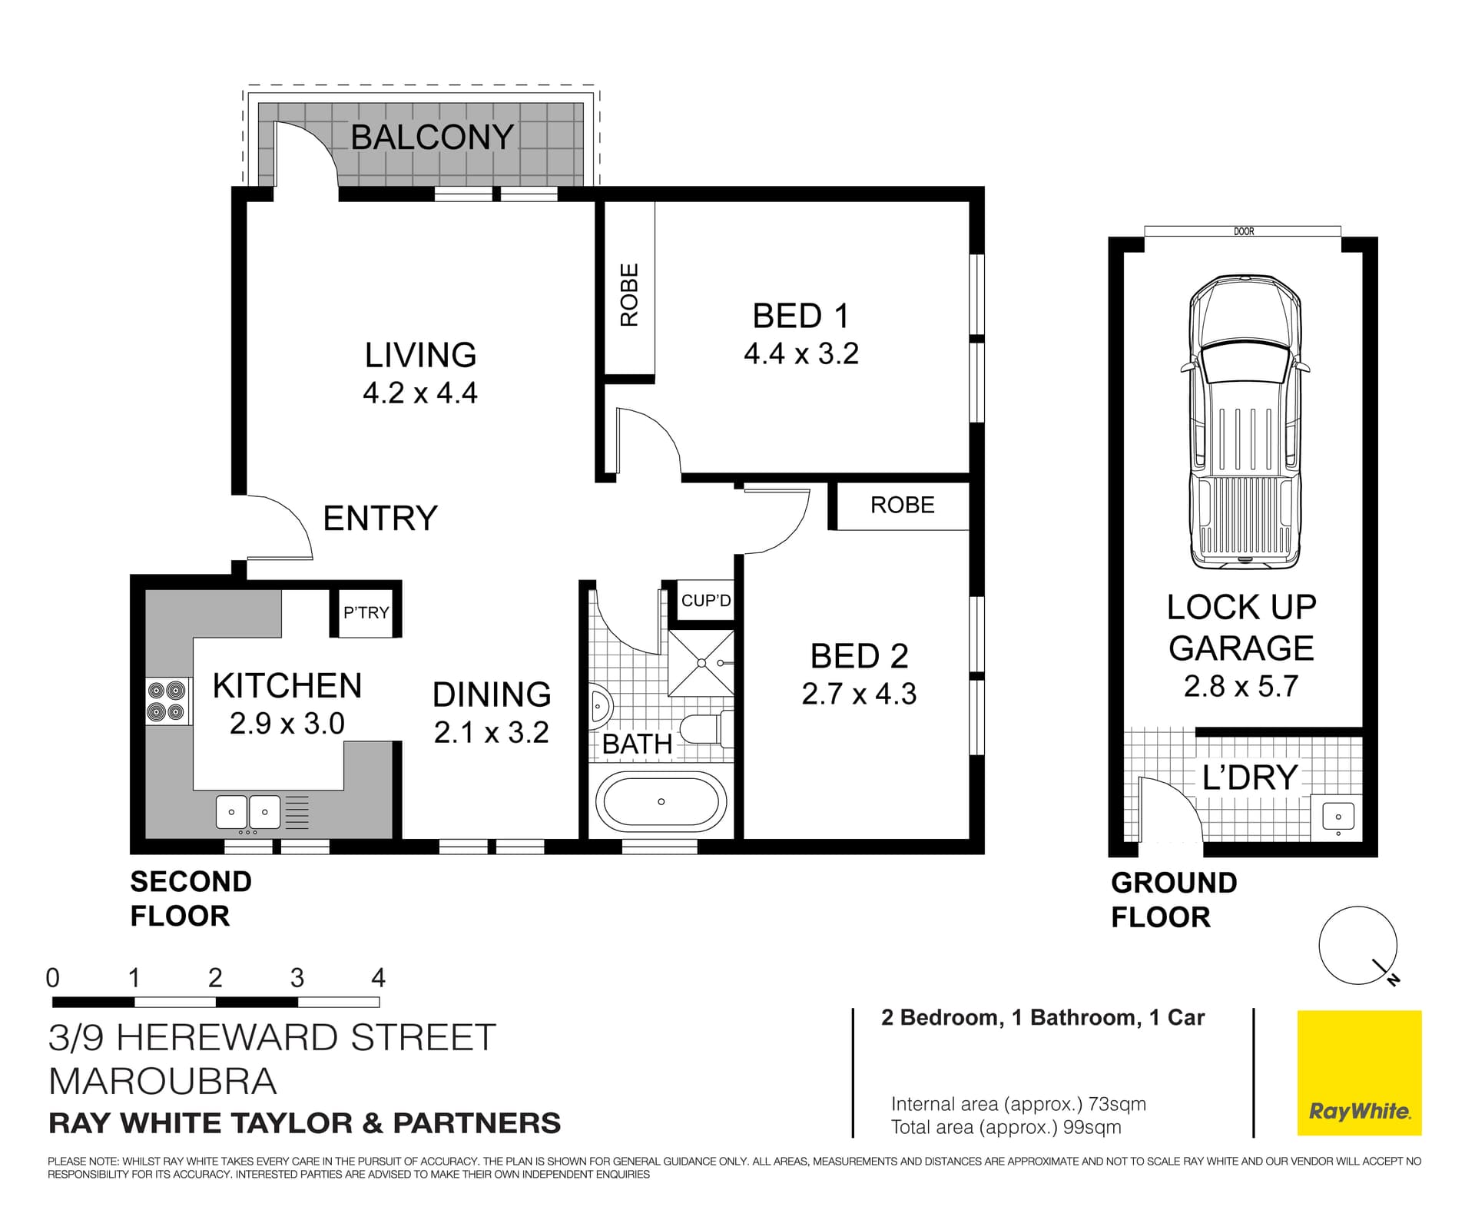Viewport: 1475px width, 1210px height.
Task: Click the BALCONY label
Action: [432, 138]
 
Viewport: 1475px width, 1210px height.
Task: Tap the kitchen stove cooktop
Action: [167, 701]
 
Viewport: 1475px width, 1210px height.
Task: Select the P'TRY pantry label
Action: [366, 613]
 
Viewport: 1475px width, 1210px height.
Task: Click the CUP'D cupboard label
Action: [706, 601]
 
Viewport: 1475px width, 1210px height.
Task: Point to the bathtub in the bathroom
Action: [661, 801]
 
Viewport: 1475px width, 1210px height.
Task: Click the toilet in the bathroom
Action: [705, 728]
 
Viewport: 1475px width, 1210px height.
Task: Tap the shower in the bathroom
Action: [701, 662]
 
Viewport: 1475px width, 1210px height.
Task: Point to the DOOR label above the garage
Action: [1243, 231]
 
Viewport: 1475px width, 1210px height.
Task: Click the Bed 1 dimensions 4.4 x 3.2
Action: [800, 354]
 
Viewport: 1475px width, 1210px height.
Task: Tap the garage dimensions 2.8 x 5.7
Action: [1241, 686]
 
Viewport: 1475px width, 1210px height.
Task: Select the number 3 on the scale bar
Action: [297, 978]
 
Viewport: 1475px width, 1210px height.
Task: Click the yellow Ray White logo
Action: [1359, 1072]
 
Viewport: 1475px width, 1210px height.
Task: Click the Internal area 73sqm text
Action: [1018, 1104]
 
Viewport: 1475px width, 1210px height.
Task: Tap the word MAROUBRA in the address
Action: [162, 1082]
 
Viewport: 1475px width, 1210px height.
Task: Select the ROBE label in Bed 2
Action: [902, 506]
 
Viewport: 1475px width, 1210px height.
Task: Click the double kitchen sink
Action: [247, 812]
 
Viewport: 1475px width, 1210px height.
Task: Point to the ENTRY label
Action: [380, 519]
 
